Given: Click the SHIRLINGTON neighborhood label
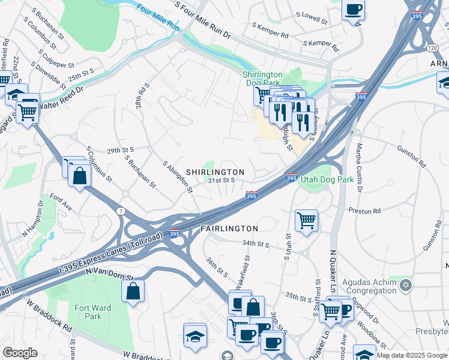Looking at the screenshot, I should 215,172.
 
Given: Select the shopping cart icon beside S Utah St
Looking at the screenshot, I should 306,220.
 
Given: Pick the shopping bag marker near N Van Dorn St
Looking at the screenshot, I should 133,291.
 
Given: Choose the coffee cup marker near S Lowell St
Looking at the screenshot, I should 353,9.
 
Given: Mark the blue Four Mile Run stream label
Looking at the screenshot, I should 158,19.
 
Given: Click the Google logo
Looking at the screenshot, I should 20,353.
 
